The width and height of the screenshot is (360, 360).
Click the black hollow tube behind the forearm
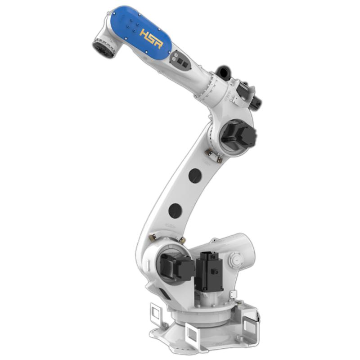(223, 72)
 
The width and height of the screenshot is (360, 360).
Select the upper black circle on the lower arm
(195, 176)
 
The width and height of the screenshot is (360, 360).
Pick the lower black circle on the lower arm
(175, 211)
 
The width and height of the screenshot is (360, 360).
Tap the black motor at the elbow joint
(238, 135)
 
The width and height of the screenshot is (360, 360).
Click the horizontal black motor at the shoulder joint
(177, 267)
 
